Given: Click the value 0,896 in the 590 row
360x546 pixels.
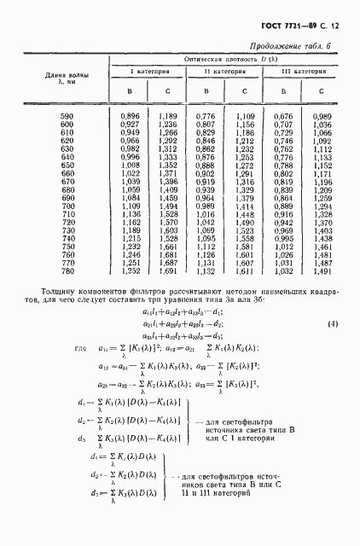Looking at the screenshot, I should point(131,115).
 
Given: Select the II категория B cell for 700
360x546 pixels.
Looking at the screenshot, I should point(206,206).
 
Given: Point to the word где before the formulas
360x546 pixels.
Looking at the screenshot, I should point(57,350).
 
